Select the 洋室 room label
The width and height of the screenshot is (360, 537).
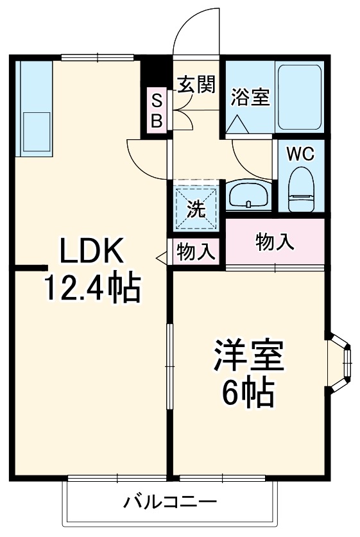[248, 357]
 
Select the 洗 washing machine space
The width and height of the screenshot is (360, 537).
[196, 207]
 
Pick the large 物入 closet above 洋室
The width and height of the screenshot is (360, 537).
[275, 241]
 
